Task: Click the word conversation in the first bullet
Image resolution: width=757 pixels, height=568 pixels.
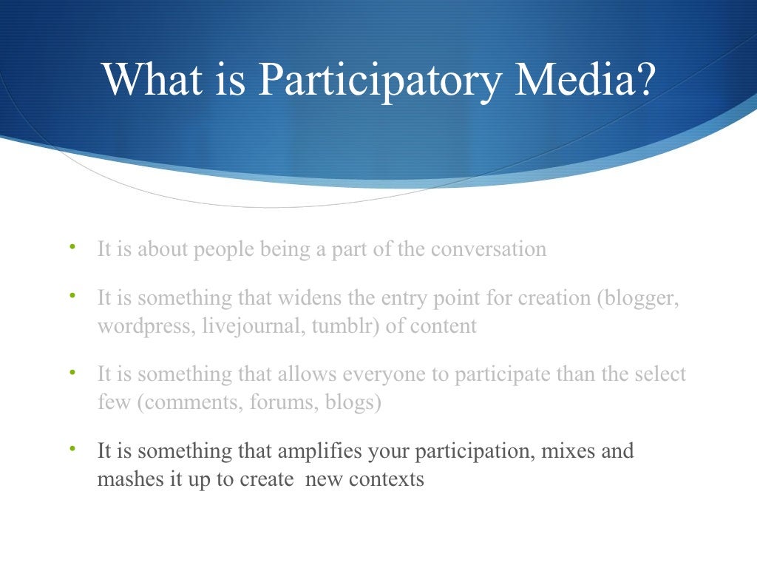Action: [489, 249]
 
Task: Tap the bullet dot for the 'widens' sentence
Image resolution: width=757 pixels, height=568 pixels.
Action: [72, 296]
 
